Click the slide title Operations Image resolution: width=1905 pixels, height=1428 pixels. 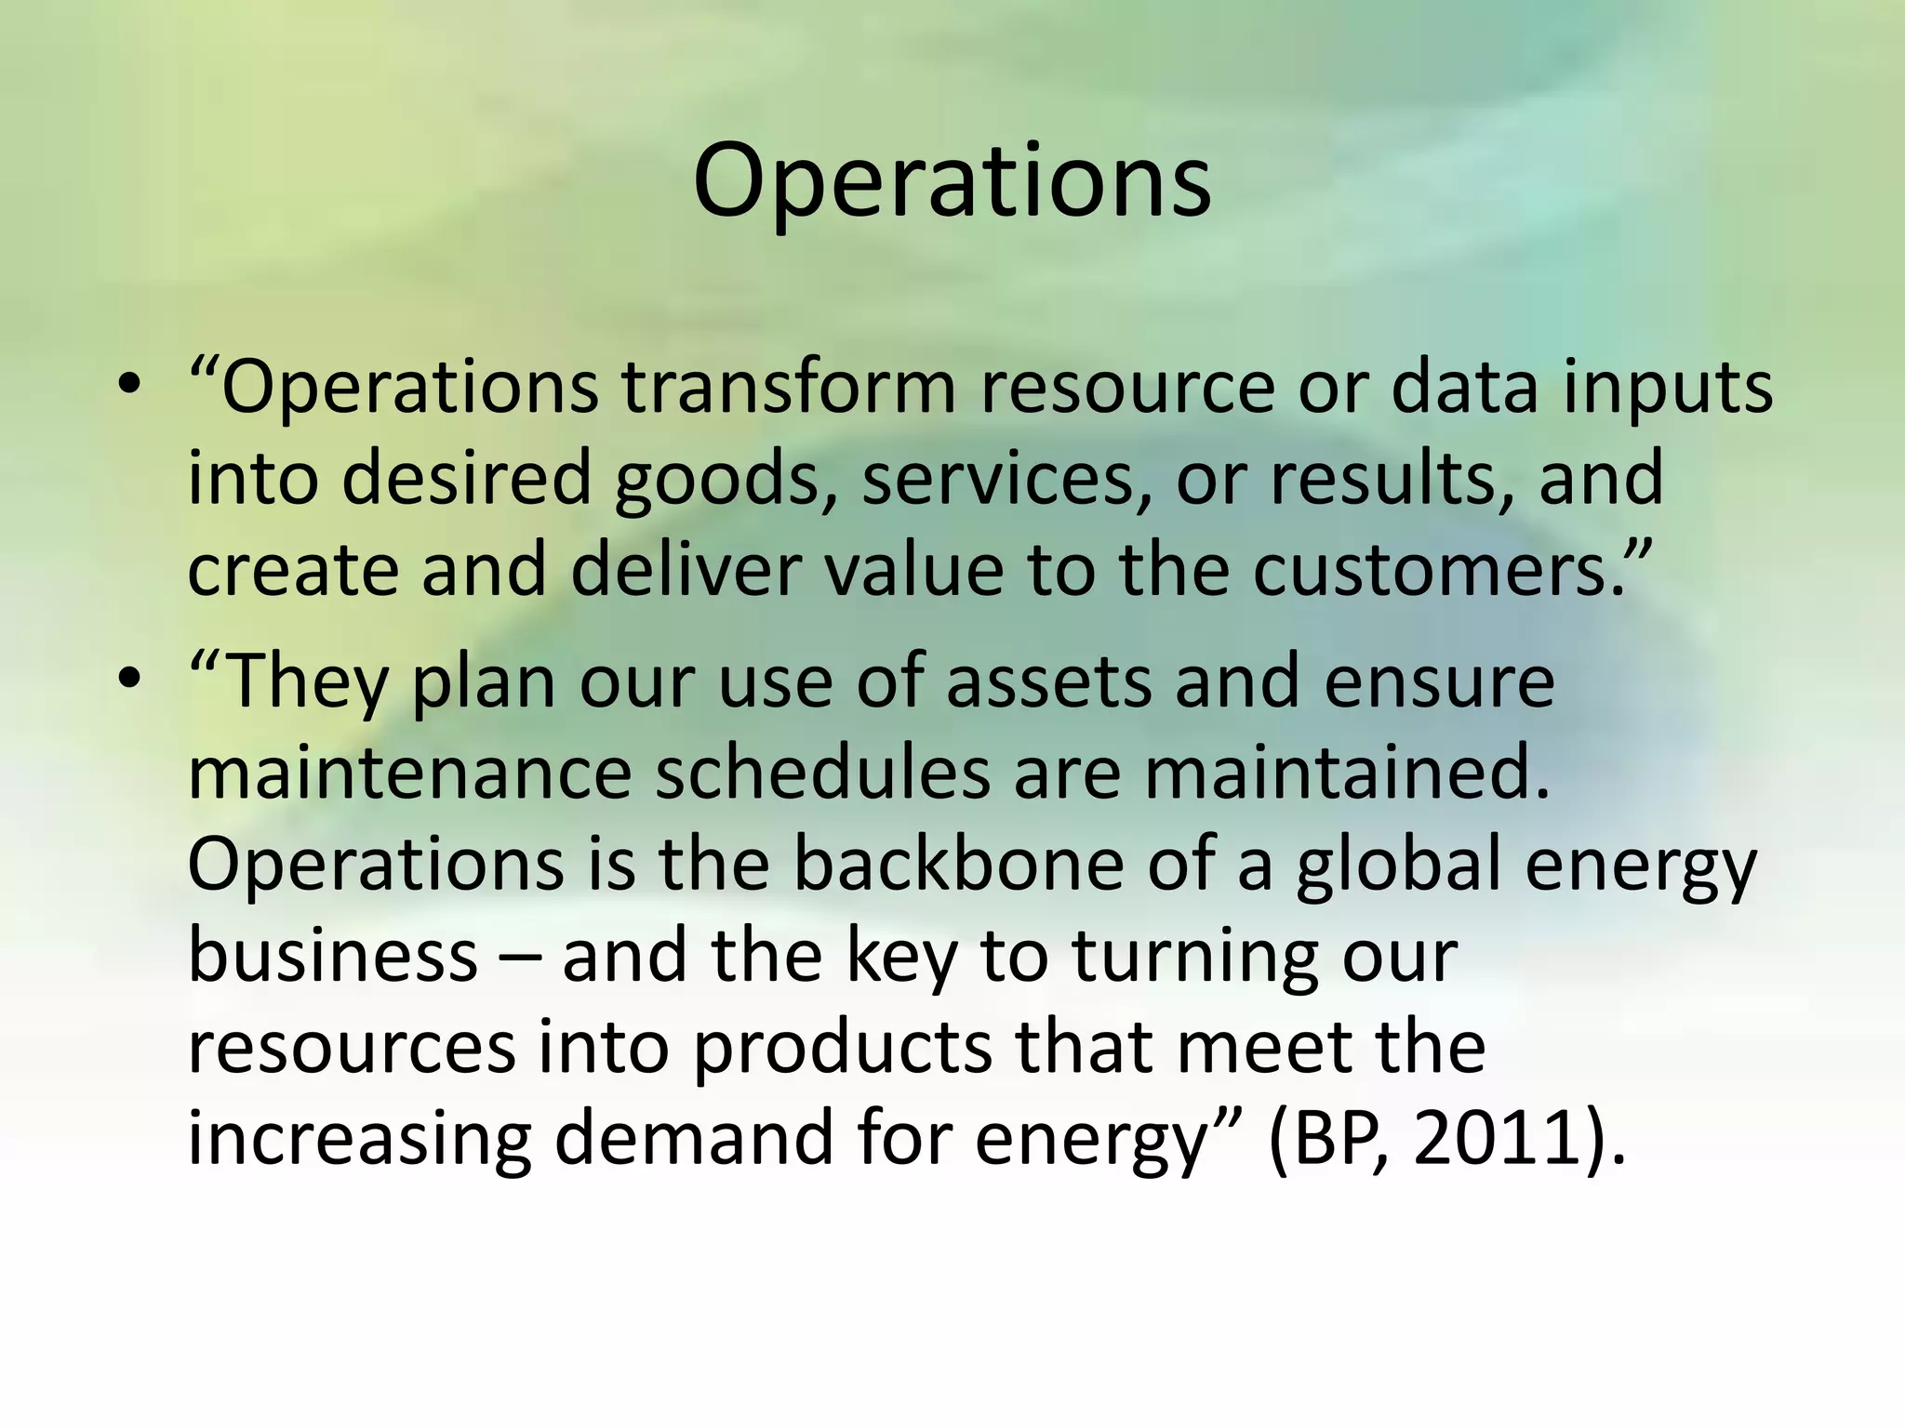pyautogui.click(x=952, y=182)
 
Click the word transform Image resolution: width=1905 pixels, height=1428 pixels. pyautogui.click(x=789, y=387)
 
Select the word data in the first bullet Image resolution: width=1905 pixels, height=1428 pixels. pyautogui.click(x=1464, y=387)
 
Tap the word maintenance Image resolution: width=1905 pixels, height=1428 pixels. pyautogui.click(x=409, y=773)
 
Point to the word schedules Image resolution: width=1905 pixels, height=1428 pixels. pyautogui.click(x=822, y=773)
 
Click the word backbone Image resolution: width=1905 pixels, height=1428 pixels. pyautogui.click(x=958, y=864)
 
